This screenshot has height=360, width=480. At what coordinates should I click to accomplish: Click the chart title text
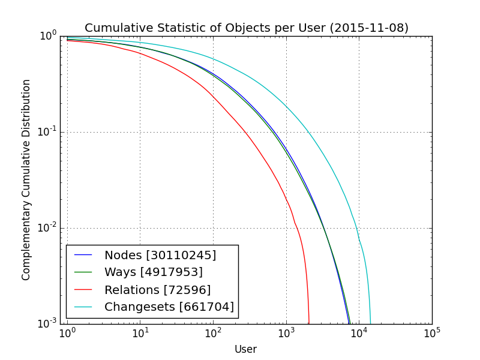pyautogui.click(x=246, y=28)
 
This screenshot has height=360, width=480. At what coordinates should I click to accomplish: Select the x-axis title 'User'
pyautogui.click(x=245, y=349)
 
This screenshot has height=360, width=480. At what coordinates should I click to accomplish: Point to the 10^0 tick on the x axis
pyautogui.click(x=67, y=334)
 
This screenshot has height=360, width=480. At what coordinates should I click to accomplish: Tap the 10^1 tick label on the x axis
pyautogui.click(x=140, y=334)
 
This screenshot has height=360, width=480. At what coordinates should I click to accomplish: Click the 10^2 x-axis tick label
pyautogui.click(x=213, y=334)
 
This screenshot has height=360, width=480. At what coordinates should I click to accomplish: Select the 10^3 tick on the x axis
pyautogui.click(x=286, y=334)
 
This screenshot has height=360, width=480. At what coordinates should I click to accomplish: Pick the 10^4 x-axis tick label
pyautogui.click(x=359, y=334)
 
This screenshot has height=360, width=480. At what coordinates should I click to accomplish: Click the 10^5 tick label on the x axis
pyautogui.click(x=432, y=334)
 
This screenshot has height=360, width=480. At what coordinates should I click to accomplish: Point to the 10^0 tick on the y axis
pyautogui.click(x=48, y=36)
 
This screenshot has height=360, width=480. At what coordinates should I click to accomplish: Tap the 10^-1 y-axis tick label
pyautogui.click(x=46, y=132)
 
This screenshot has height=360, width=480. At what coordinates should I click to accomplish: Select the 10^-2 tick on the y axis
pyautogui.click(x=46, y=228)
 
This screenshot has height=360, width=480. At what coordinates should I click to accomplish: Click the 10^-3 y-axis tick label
pyautogui.click(x=46, y=323)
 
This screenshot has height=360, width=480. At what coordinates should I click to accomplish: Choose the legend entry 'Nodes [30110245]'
pyautogui.click(x=160, y=255)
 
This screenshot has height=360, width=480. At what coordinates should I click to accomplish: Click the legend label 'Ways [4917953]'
pyautogui.click(x=153, y=272)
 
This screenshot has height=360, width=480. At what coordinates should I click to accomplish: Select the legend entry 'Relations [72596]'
pyautogui.click(x=157, y=290)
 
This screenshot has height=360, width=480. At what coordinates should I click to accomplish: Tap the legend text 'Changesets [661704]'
pyautogui.click(x=169, y=307)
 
